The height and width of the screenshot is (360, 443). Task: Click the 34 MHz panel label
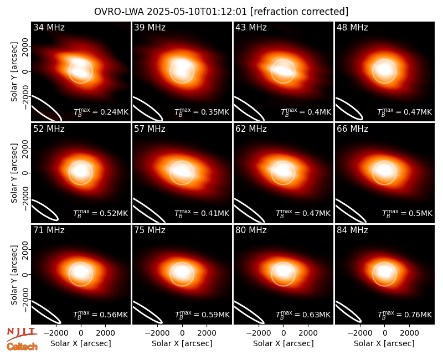click(49, 27)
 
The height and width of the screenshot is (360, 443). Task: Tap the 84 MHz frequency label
click(352, 230)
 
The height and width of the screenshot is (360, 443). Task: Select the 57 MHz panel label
click(150, 129)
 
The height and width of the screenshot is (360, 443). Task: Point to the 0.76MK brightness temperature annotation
click(405, 315)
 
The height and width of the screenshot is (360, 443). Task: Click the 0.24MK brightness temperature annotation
click(101, 112)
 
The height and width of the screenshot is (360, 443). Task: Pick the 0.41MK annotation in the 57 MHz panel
click(202, 213)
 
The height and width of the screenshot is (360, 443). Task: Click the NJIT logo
click(22, 333)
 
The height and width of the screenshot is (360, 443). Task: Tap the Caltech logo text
click(22, 347)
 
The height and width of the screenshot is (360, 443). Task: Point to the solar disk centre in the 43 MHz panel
click(283, 71)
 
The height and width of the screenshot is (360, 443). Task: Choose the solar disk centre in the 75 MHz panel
click(182, 274)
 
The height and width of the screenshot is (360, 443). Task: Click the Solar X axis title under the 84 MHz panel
click(384, 343)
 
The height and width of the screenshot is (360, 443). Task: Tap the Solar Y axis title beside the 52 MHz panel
click(14, 173)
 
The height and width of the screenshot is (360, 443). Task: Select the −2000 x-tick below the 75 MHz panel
click(157, 333)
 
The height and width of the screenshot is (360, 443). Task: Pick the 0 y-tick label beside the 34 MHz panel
click(25, 71)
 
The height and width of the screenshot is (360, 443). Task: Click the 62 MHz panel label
click(251, 129)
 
